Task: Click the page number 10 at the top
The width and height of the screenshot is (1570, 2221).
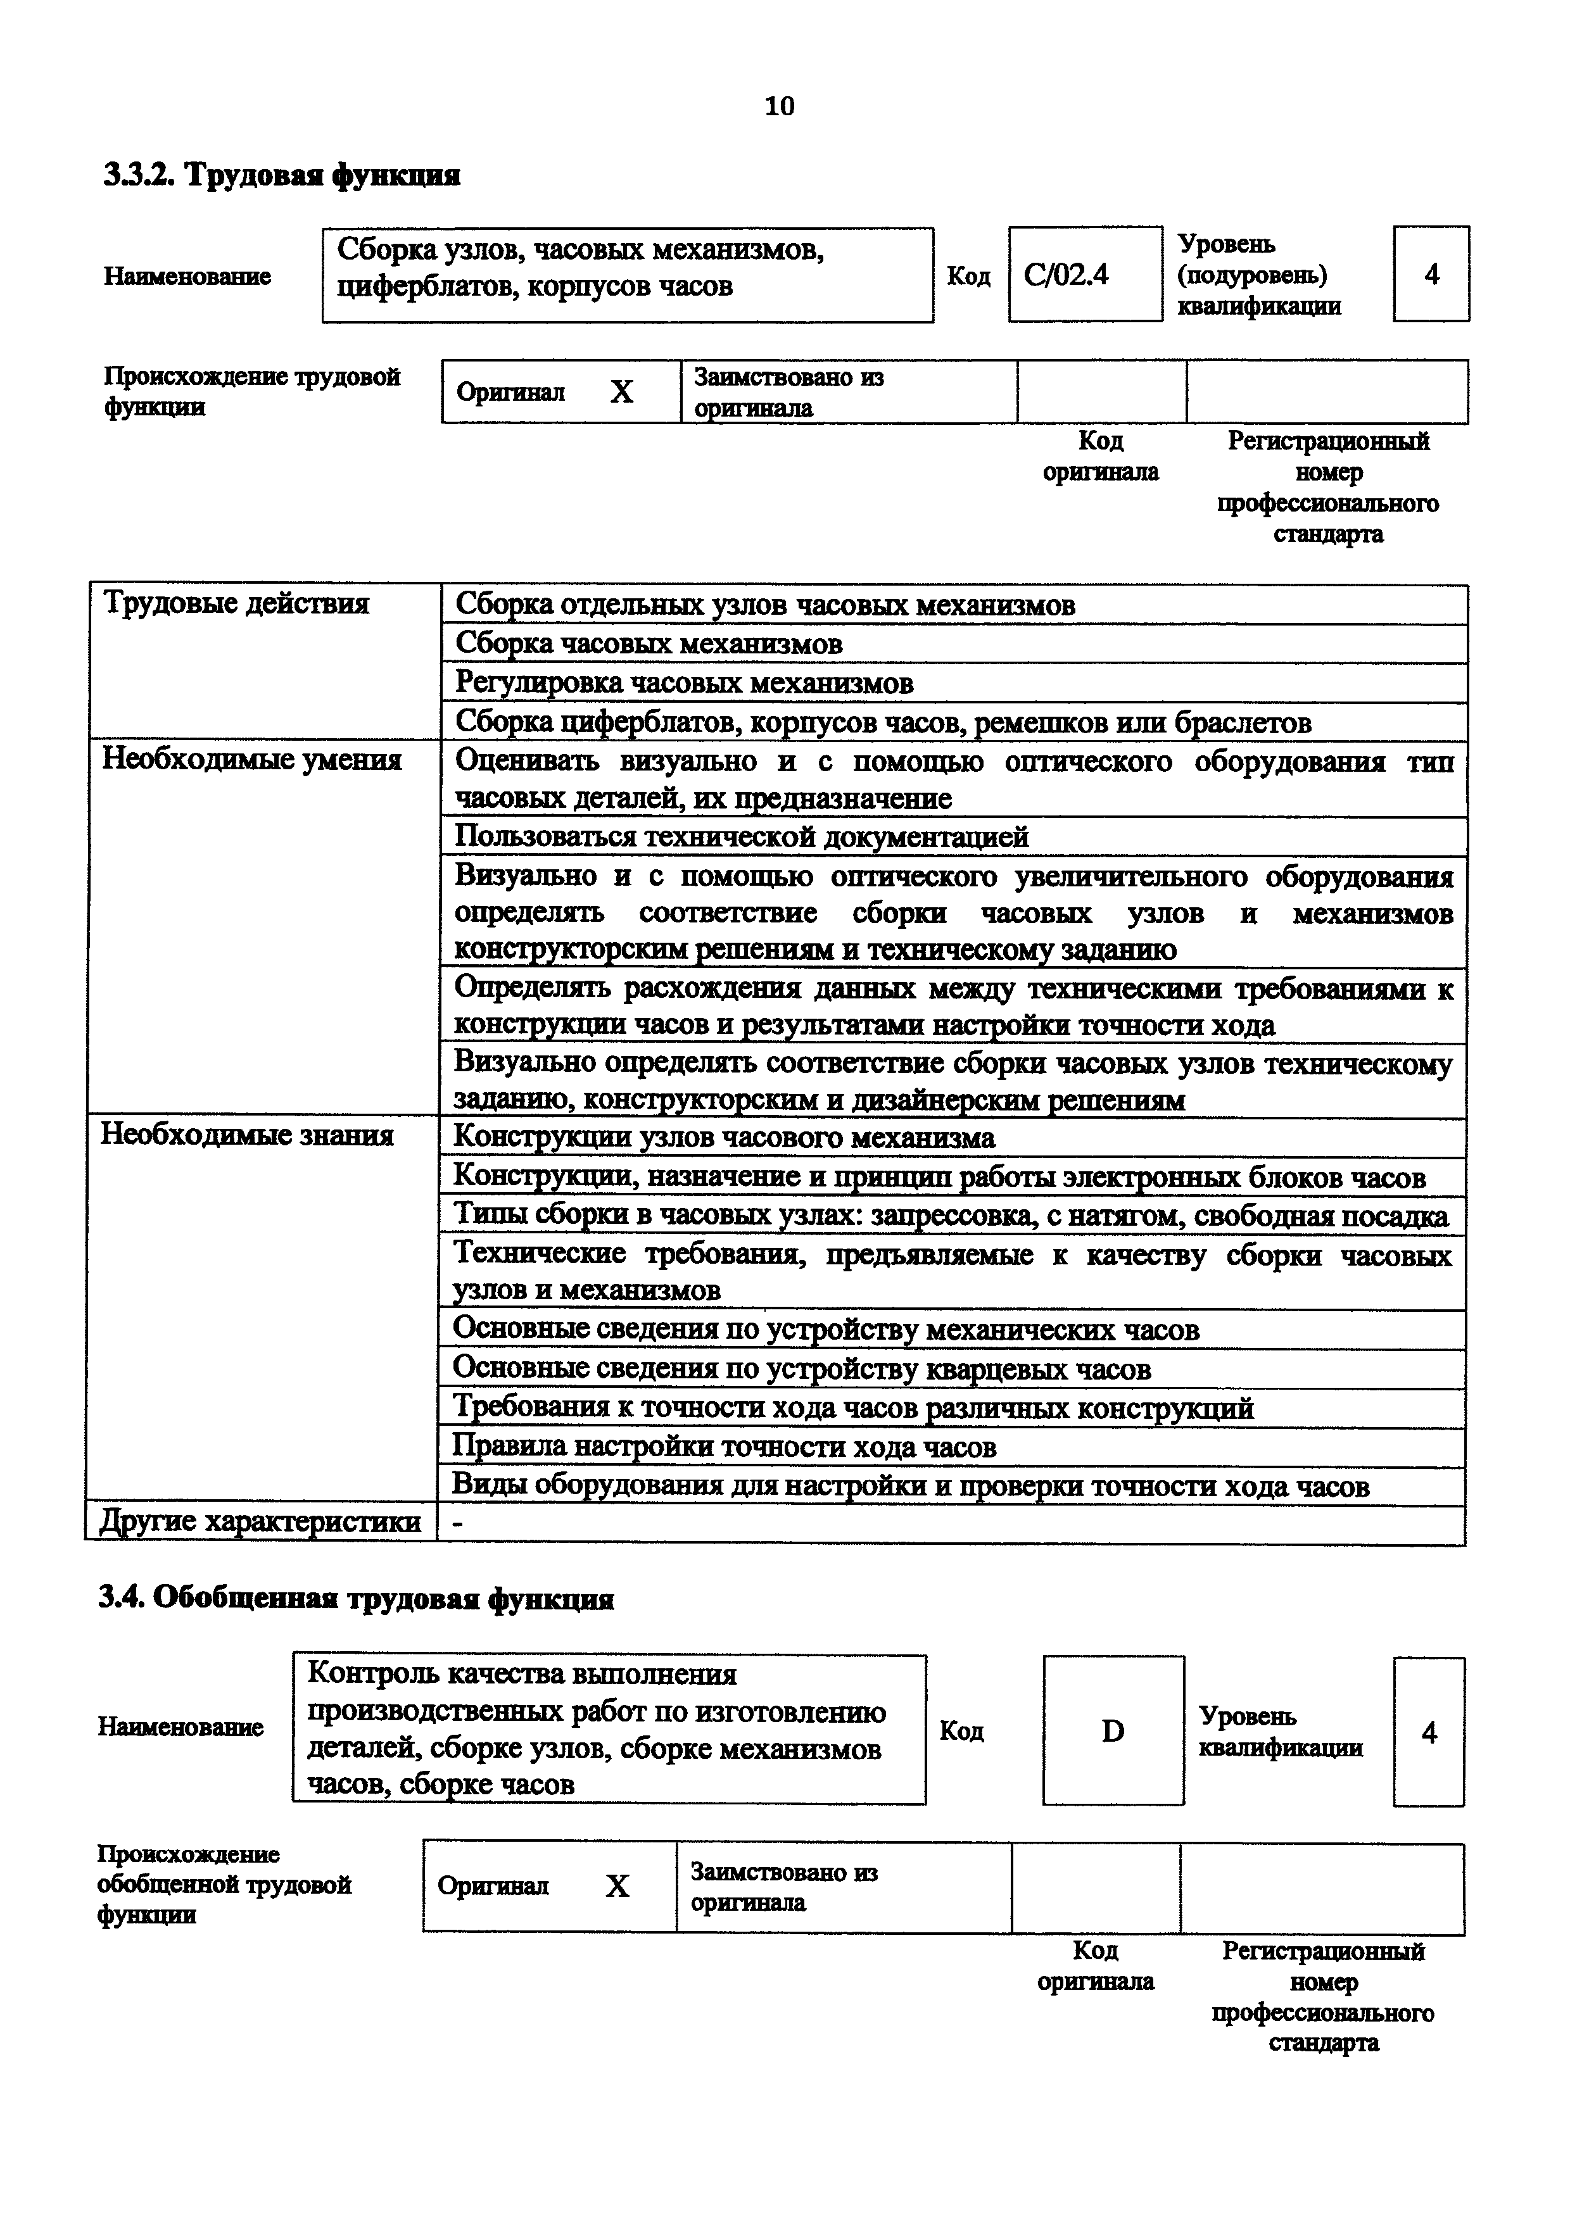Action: [779, 106]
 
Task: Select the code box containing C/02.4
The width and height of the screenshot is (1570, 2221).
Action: [1084, 275]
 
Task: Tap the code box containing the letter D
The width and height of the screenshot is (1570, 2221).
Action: [1113, 1730]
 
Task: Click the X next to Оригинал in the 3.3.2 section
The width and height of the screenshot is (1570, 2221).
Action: [621, 392]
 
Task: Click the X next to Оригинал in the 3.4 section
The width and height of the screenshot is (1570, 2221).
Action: [616, 1885]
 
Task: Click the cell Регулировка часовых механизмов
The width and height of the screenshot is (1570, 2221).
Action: [684, 683]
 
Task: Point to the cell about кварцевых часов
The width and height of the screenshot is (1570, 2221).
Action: [801, 1369]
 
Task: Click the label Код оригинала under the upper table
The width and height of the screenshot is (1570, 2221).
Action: [1100, 456]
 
